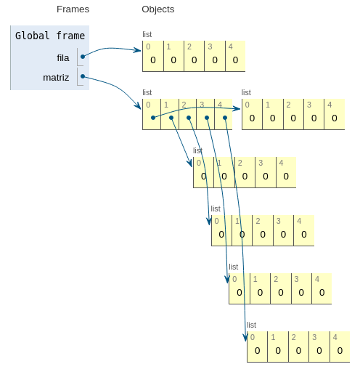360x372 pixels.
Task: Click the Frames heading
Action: coord(73,9)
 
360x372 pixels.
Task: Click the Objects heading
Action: coord(157,9)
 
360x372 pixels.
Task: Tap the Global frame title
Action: coord(49,36)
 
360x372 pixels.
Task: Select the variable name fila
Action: coord(62,57)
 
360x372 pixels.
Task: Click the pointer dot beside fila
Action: coord(83,56)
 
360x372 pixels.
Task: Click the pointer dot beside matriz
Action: coord(83,76)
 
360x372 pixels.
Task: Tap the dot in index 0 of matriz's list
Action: coord(153,118)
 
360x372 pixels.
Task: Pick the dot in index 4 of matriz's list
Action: coord(225,118)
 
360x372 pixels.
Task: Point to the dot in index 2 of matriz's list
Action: coord(189,118)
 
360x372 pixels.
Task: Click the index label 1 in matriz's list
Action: coord(165,105)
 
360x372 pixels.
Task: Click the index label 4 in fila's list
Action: coord(230,46)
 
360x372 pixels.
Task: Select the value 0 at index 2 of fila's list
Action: coord(195,60)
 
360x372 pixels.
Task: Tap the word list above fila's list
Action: coord(147,34)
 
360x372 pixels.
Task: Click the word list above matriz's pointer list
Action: coord(147,92)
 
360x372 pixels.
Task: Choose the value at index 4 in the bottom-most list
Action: coord(340,351)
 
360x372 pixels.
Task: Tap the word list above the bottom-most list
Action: coord(251,325)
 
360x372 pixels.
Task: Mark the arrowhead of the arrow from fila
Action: coord(139,50)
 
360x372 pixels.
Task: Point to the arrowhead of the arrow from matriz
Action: coord(139,108)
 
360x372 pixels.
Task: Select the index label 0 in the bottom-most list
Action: coord(252,337)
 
